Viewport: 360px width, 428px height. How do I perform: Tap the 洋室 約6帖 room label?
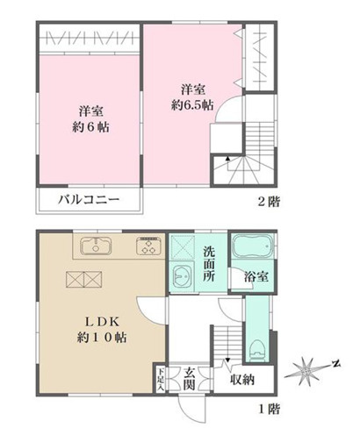(88, 118)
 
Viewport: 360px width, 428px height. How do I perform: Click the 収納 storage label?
(243, 379)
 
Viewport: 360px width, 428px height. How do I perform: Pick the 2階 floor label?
(269, 201)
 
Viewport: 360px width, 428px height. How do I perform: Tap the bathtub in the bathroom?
(252, 249)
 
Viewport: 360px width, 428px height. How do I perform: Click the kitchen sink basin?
(95, 246)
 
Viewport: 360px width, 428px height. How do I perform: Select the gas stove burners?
(147, 246)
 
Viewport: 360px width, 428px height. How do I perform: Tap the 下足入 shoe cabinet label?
(160, 377)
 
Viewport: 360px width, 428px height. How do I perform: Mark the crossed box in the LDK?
(83, 280)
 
